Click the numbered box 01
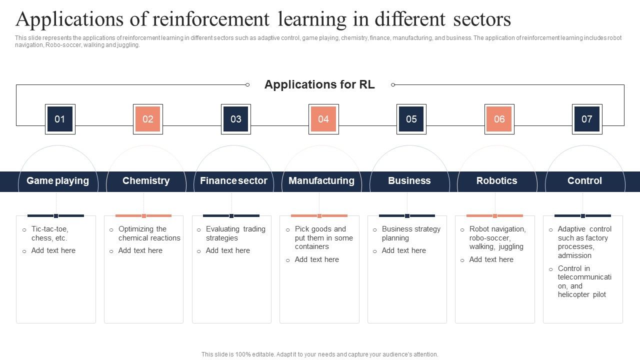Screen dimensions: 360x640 click(60, 119)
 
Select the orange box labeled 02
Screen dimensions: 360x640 click(148, 119)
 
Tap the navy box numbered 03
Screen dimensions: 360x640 click(236, 119)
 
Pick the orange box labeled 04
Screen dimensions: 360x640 click(323, 119)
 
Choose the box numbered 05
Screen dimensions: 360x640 click(411, 119)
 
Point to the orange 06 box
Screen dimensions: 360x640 click(499, 119)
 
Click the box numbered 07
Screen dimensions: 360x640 click(587, 119)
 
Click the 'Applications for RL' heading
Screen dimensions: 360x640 click(319, 84)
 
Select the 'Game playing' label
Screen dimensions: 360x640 click(57, 181)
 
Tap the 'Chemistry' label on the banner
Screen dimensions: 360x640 click(146, 181)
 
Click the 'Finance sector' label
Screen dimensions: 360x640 click(233, 181)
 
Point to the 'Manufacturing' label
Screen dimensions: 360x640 click(321, 181)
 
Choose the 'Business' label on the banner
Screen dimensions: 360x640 click(409, 181)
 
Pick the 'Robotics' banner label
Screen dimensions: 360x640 click(497, 181)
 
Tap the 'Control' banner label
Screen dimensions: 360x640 click(584, 181)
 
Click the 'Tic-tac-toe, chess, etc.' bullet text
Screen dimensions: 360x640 click(49, 233)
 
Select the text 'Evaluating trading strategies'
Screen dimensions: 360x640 click(235, 233)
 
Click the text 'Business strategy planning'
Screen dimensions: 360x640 click(411, 233)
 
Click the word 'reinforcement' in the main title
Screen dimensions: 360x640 click(210, 19)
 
